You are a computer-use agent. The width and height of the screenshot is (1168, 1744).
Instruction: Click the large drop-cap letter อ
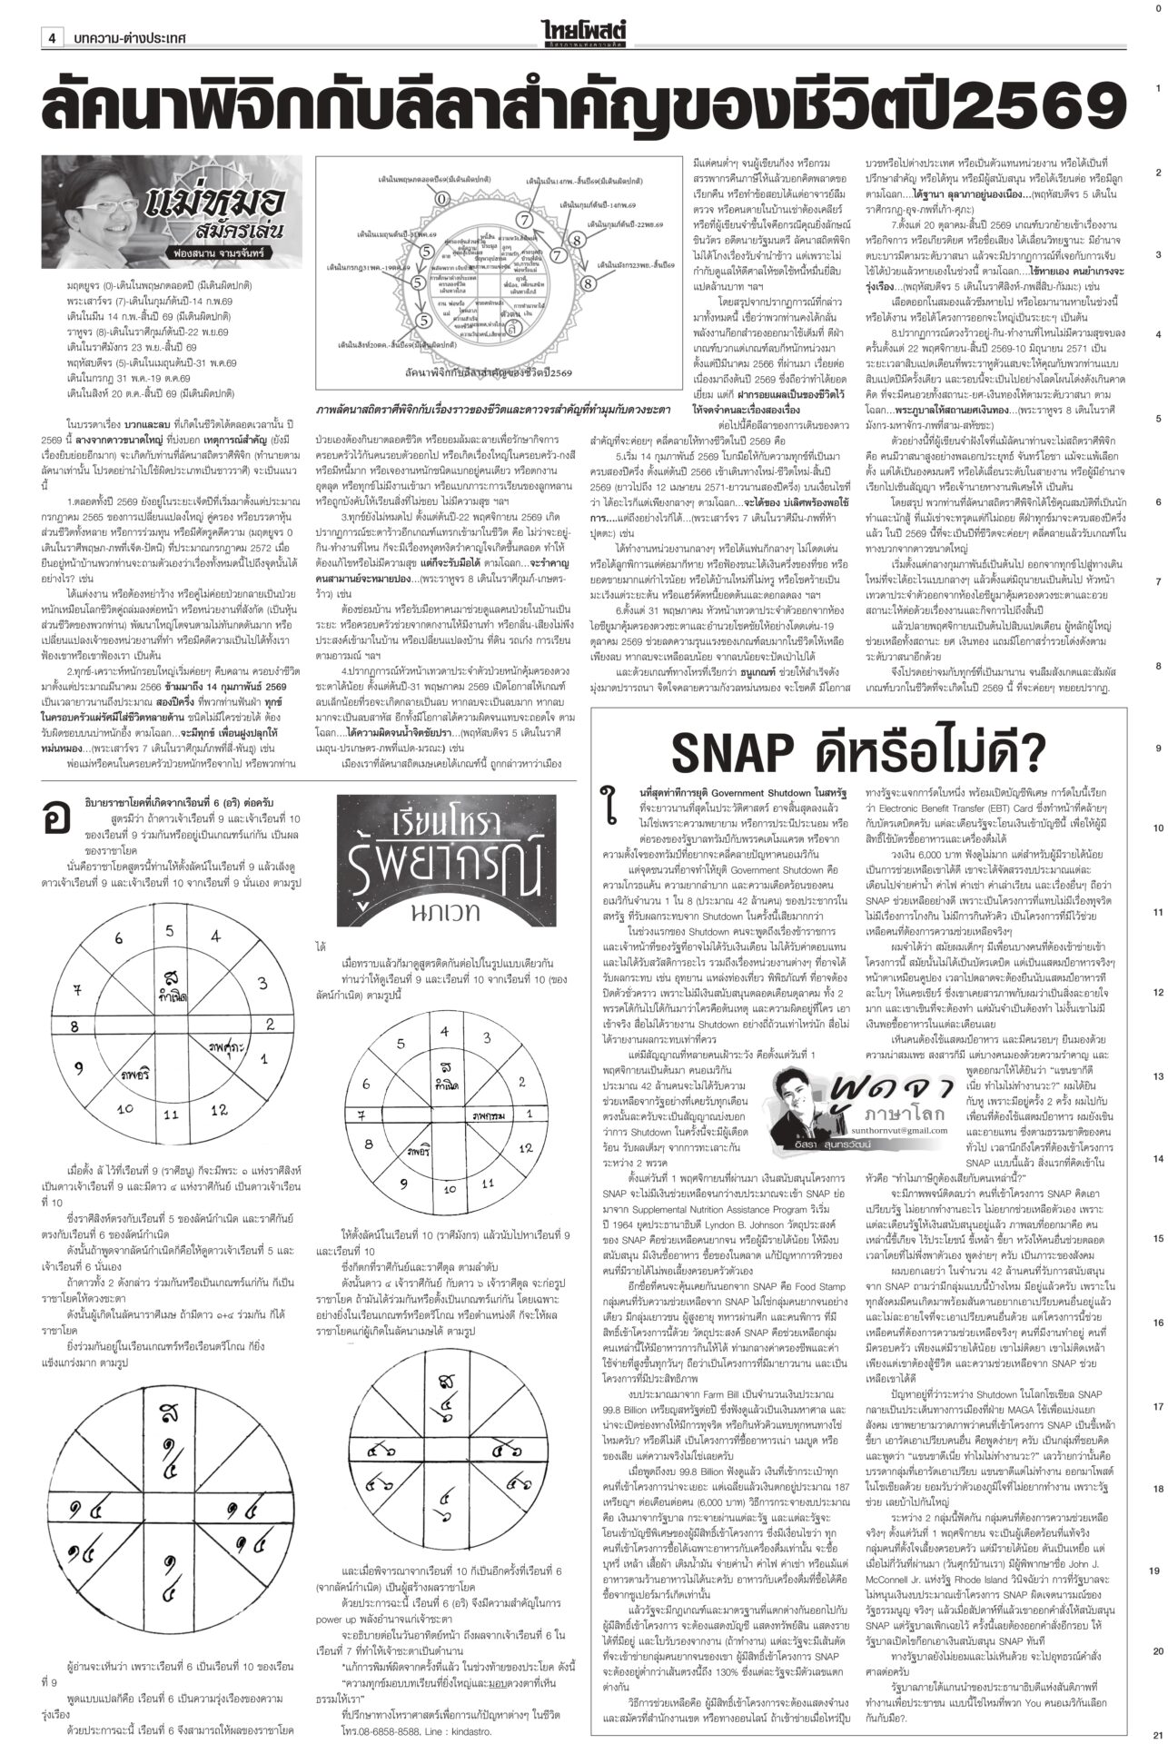[x=57, y=816]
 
